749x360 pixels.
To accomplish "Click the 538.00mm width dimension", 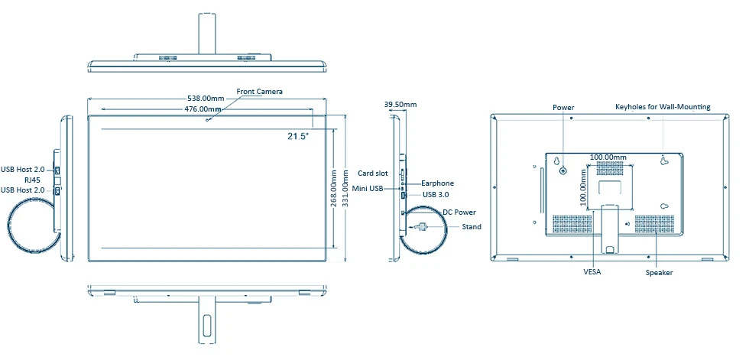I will coord(206,99).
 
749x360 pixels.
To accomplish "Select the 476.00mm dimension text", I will coord(203,109).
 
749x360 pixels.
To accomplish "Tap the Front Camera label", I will coord(259,92).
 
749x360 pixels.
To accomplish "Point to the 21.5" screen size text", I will coord(297,136).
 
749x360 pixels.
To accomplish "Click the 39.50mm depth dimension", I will coord(400,104).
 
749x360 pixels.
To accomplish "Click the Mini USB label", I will coord(368,188).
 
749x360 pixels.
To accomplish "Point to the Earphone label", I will coord(437,183).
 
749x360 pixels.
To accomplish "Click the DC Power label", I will coord(459,212).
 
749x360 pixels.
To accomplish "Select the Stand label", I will coord(472,227).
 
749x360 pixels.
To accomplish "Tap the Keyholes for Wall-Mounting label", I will coord(663,108).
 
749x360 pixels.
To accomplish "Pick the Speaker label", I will coord(659,272).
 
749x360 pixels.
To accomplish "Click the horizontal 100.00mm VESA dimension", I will coord(608,157).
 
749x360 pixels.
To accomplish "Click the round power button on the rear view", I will coord(563,170).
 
